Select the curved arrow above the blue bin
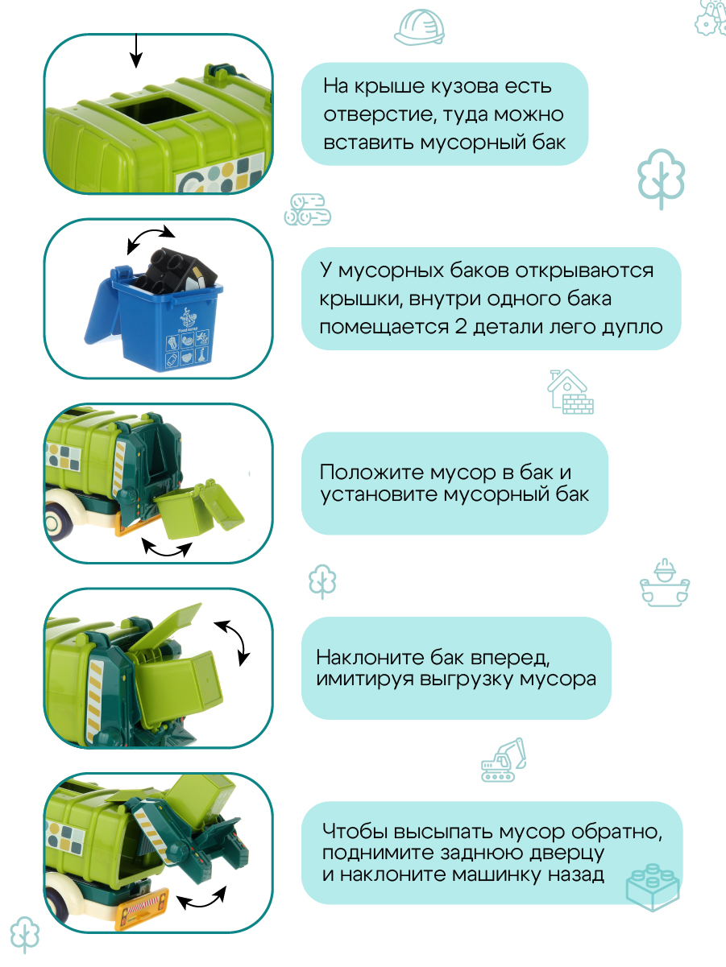coord(150,238)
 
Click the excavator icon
coord(504,760)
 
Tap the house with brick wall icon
coord(570,392)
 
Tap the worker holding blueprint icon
coord(666,581)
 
